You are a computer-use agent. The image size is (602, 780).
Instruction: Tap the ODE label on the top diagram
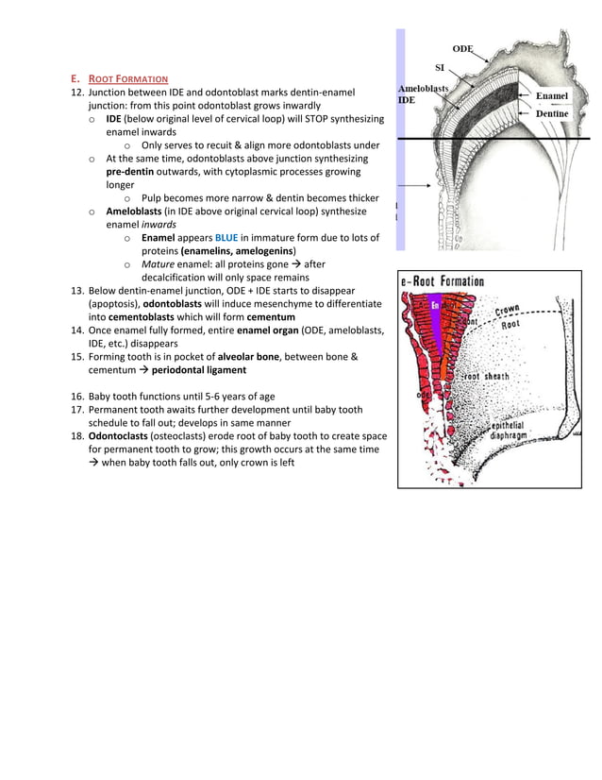point(462,48)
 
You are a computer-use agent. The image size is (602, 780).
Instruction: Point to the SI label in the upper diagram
point(440,68)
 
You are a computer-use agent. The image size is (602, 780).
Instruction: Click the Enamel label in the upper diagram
point(551,96)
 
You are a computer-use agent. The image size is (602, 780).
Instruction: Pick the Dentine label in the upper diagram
point(552,113)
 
